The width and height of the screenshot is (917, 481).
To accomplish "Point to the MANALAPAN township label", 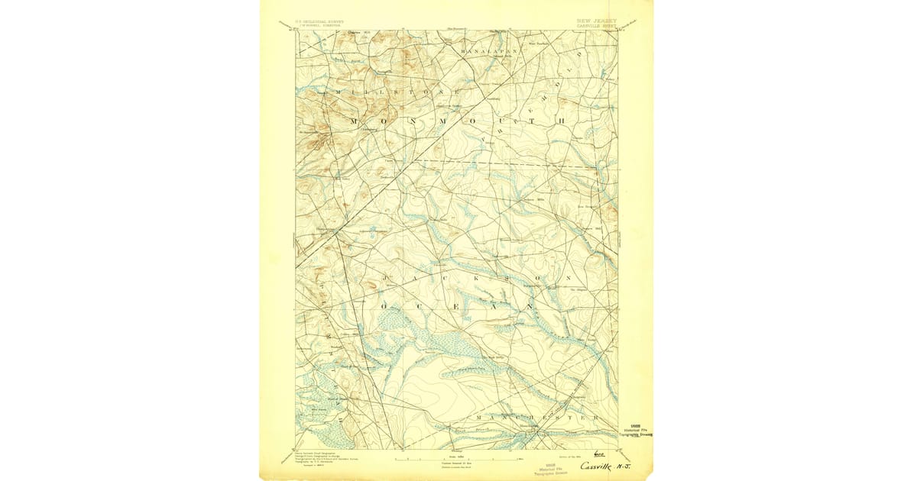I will tap(489, 51).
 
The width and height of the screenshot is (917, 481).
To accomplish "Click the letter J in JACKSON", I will tap(388, 279).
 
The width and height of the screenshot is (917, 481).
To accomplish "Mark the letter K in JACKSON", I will tap(462, 279).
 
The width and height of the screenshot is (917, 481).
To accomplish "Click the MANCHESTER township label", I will tap(535, 418).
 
